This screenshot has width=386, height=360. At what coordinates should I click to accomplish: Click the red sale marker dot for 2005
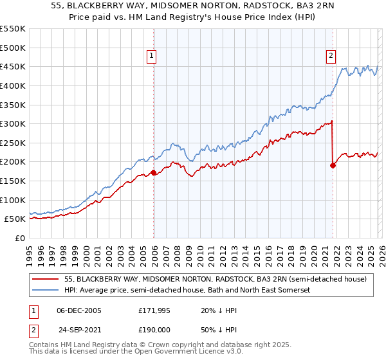(x=153, y=172)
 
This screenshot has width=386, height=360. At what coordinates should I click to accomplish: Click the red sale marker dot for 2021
(x=333, y=165)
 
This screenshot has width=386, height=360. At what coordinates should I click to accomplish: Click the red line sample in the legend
(x=45, y=279)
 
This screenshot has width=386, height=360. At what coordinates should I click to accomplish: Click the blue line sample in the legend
(x=45, y=291)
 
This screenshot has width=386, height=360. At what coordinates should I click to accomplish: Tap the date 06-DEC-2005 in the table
(x=80, y=310)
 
